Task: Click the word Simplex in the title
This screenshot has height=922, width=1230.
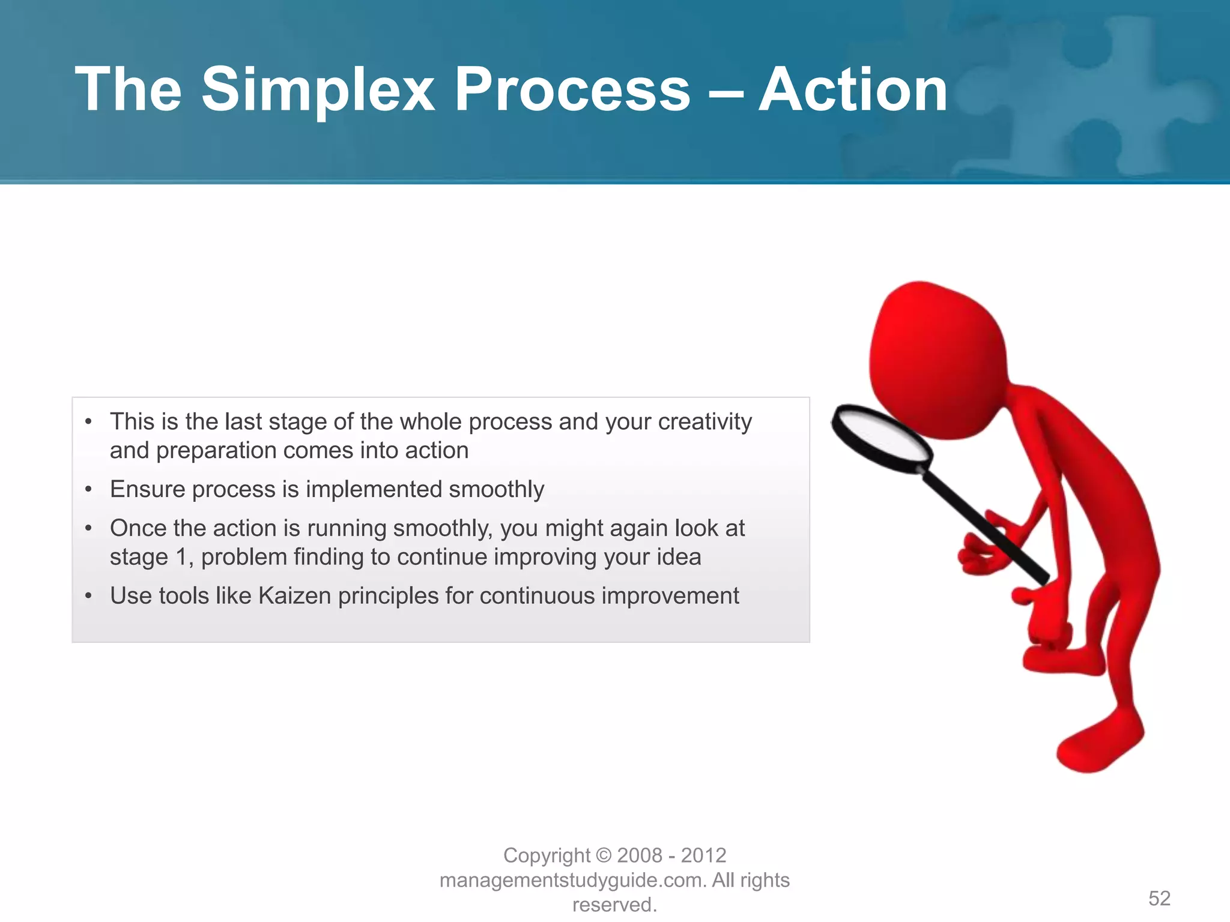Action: click(317, 90)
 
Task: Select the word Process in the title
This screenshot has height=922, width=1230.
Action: click(572, 90)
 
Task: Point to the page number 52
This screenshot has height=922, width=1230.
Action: click(1159, 898)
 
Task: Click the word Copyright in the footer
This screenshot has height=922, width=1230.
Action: click(547, 855)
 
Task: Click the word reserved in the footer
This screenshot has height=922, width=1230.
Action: click(613, 905)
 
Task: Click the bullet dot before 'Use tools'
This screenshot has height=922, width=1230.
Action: click(88, 596)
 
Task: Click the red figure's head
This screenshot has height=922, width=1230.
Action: click(937, 360)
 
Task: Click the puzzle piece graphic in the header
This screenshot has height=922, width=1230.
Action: click(1081, 90)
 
